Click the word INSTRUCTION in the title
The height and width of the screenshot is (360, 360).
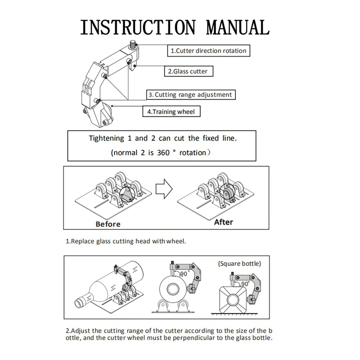point(138,27)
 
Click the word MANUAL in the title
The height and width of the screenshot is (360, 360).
point(238,27)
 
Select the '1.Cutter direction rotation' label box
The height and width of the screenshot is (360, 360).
point(208,51)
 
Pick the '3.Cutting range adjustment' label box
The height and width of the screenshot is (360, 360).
point(191,95)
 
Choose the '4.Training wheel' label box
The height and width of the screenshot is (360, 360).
point(171,111)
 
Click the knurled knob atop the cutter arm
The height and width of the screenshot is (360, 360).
point(133,45)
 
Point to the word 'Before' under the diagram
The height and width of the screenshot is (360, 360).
point(108,224)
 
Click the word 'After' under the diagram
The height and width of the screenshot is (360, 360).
point(223,222)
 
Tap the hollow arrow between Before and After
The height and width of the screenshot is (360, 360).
point(164,188)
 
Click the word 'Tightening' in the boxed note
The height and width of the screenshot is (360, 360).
point(106,138)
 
